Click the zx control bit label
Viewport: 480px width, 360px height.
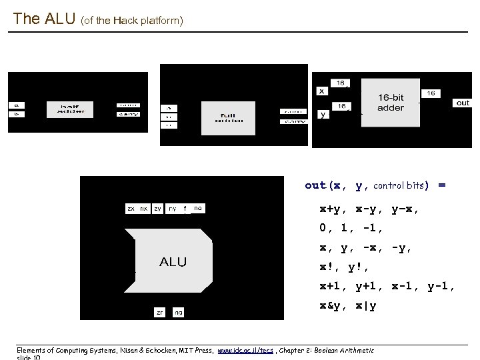click(x=131, y=209)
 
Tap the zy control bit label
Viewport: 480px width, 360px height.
click(x=158, y=209)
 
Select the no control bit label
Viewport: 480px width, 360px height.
click(x=197, y=209)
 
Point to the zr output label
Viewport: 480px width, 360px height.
click(x=160, y=311)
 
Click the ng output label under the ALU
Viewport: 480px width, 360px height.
click(x=178, y=311)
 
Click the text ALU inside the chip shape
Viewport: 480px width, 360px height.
click(x=173, y=261)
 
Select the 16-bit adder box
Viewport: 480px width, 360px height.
click(x=390, y=104)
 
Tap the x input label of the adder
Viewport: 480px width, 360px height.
click(x=322, y=91)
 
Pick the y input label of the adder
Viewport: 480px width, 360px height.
click(x=323, y=115)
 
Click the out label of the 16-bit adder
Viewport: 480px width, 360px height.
click(x=463, y=103)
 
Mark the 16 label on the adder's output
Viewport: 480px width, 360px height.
click(x=431, y=93)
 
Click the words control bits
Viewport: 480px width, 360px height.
click(x=401, y=185)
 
